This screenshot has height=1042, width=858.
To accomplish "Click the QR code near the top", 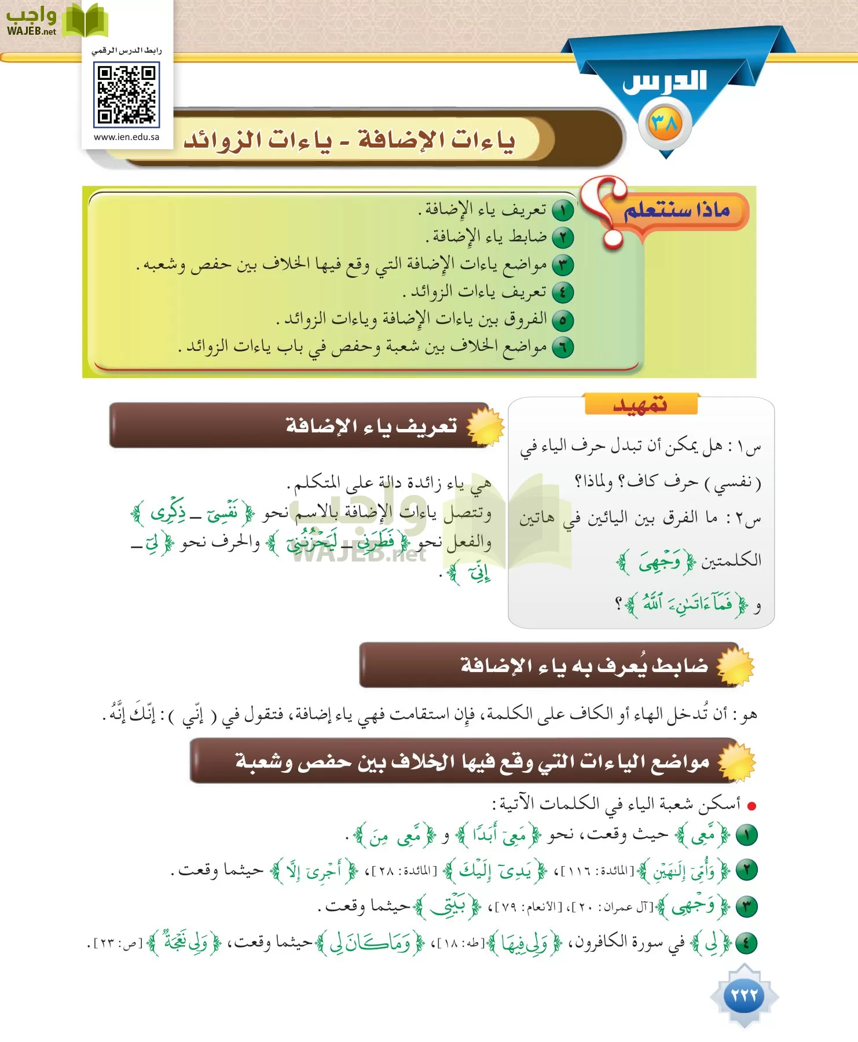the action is [126, 94].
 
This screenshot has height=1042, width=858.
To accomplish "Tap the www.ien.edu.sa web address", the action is [126, 137].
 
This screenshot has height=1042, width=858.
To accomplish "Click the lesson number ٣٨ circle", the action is [665, 123].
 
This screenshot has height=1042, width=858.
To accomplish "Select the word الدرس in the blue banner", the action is [665, 81].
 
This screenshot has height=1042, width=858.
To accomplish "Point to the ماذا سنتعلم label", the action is [676, 210].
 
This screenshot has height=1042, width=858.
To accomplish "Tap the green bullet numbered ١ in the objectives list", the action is [562, 210].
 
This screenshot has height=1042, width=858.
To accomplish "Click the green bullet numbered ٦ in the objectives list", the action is [562, 347].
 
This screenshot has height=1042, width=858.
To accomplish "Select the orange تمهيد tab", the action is [640, 404].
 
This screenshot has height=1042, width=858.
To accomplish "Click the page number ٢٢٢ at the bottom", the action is [744, 995].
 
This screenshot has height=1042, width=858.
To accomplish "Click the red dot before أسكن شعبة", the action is [751, 805].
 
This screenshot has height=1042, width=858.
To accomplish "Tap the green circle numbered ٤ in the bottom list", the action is [747, 943].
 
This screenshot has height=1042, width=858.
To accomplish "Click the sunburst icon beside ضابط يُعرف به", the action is [735, 666].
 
